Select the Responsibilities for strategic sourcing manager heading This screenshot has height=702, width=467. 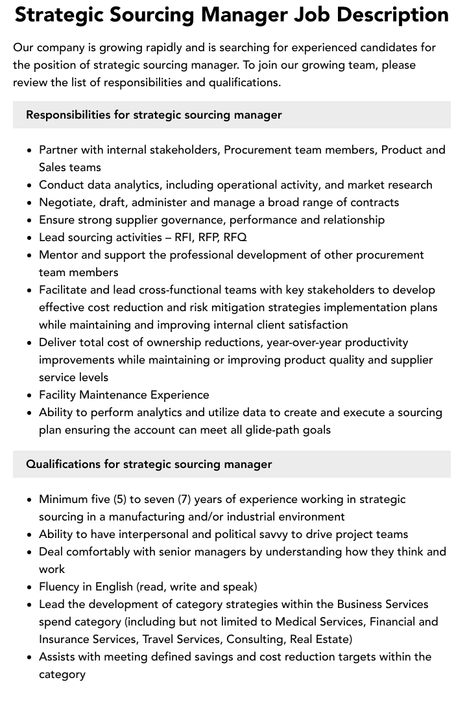pos(154,115)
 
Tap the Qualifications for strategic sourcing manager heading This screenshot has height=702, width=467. pos(149,464)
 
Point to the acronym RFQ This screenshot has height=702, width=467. pos(235,237)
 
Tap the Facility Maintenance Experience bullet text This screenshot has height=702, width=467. pos(124,395)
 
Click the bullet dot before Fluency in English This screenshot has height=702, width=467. pos(29,587)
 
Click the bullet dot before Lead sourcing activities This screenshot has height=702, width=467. pos(29,238)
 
